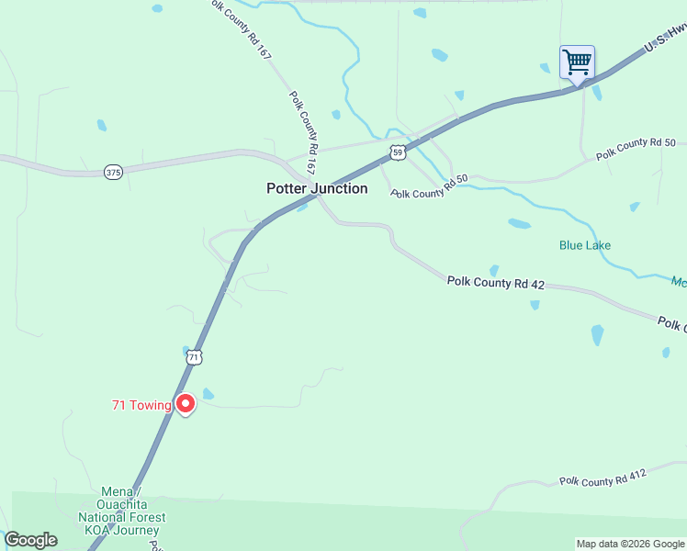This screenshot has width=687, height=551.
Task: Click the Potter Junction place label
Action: click(x=317, y=188)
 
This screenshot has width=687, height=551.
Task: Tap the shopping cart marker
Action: click(x=577, y=63)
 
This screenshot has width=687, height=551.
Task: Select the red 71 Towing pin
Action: click(x=186, y=404)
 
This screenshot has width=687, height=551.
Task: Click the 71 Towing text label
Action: click(x=141, y=405)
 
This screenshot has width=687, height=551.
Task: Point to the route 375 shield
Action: click(x=113, y=173)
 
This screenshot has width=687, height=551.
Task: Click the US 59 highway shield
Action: click(x=396, y=152)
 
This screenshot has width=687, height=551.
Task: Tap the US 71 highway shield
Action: click(x=194, y=356)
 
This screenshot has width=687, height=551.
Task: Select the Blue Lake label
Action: click(x=585, y=245)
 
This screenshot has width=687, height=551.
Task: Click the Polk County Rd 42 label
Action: click(x=496, y=283)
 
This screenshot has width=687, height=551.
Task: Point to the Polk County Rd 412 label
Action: click(x=603, y=478)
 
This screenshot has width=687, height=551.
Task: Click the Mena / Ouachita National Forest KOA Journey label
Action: click(x=131, y=516)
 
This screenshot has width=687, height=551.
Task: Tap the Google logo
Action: click(x=30, y=540)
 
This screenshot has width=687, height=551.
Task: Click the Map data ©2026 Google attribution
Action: click(x=629, y=544)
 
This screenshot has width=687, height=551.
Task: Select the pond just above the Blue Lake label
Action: click(x=519, y=223)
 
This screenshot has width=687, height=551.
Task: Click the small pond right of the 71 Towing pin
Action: click(x=208, y=395)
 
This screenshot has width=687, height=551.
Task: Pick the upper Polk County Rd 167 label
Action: click(x=241, y=30)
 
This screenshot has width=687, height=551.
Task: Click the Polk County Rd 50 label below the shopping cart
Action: click(x=636, y=149)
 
